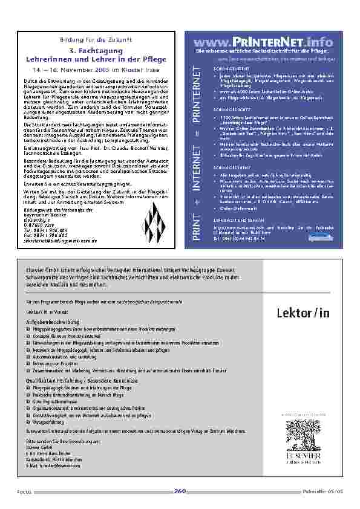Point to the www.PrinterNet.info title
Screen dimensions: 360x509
(264, 42)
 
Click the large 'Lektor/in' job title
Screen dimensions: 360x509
(303, 313)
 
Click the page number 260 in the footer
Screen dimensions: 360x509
(180, 490)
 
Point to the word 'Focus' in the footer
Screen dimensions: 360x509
(24, 492)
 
